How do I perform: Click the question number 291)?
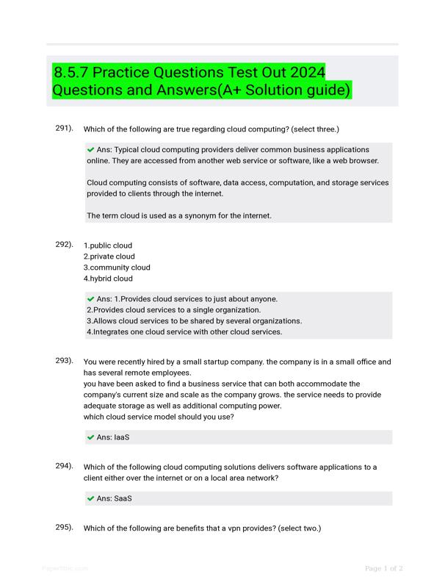pyautogui.click(x=65, y=129)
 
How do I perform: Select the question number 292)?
pyautogui.click(x=65, y=244)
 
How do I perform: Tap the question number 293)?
pyautogui.click(x=65, y=361)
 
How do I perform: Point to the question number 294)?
pyautogui.click(x=65, y=466)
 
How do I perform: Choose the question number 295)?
pyautogui.click(x=65, y=527)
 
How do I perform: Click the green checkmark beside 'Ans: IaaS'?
pyautogui.click(x=91, y=437)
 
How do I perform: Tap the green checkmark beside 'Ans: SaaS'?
pyautogui.click(x=91, y=498)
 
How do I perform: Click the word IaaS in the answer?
pyautogui.click(x=122, y=437)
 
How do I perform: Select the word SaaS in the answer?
pyautogui.click(x=123, y=498)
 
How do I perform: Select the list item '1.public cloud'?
pyautogui.click(x=108, y=245)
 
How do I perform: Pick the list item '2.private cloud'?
pyautogui.click(x=109, y=257)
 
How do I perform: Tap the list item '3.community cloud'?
pyautogui.click(x=117, y=268)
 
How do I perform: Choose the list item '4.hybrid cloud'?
pyautogui.click(x=108, y=279)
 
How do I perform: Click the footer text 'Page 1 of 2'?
pyautogui.click(x=384, y=568)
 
